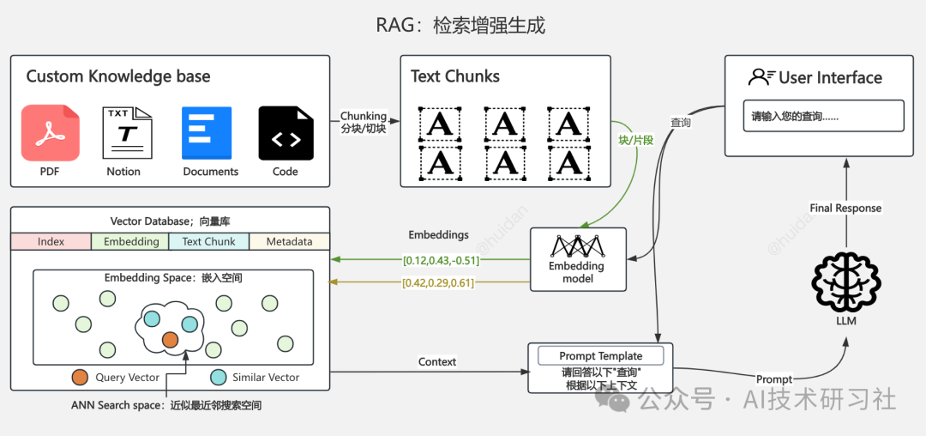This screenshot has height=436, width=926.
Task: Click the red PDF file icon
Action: [x=50, y=133]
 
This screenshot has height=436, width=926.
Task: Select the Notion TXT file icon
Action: [x=126, y=133]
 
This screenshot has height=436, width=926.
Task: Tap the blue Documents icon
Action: [x=207, y=133]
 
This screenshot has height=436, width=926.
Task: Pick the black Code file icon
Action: [x=286, y=133]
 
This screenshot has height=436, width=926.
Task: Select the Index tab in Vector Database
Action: [x=51, y=242]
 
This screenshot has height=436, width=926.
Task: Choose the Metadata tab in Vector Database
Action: [x=289, y=242]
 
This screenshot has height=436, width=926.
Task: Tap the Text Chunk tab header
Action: [x=208, y=242]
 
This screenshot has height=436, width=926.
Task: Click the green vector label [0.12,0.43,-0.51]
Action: [x=441, y=259]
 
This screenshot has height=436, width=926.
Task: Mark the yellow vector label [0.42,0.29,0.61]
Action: [x=437, y=282]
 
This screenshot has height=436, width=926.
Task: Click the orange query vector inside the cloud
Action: [x=170, y=339]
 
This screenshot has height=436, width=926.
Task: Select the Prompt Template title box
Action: [x=600, y=355]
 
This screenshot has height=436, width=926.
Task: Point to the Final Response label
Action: [x=845, y=208]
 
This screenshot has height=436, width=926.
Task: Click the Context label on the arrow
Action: [x=437, y=362]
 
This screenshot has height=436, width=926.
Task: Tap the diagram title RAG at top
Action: [x=460, y=25]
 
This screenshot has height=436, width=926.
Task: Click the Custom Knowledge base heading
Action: [x=118, y=76]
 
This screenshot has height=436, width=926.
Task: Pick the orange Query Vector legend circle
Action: [x=80, y=377]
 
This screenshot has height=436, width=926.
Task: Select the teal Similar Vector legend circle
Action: [x=219, y=377]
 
